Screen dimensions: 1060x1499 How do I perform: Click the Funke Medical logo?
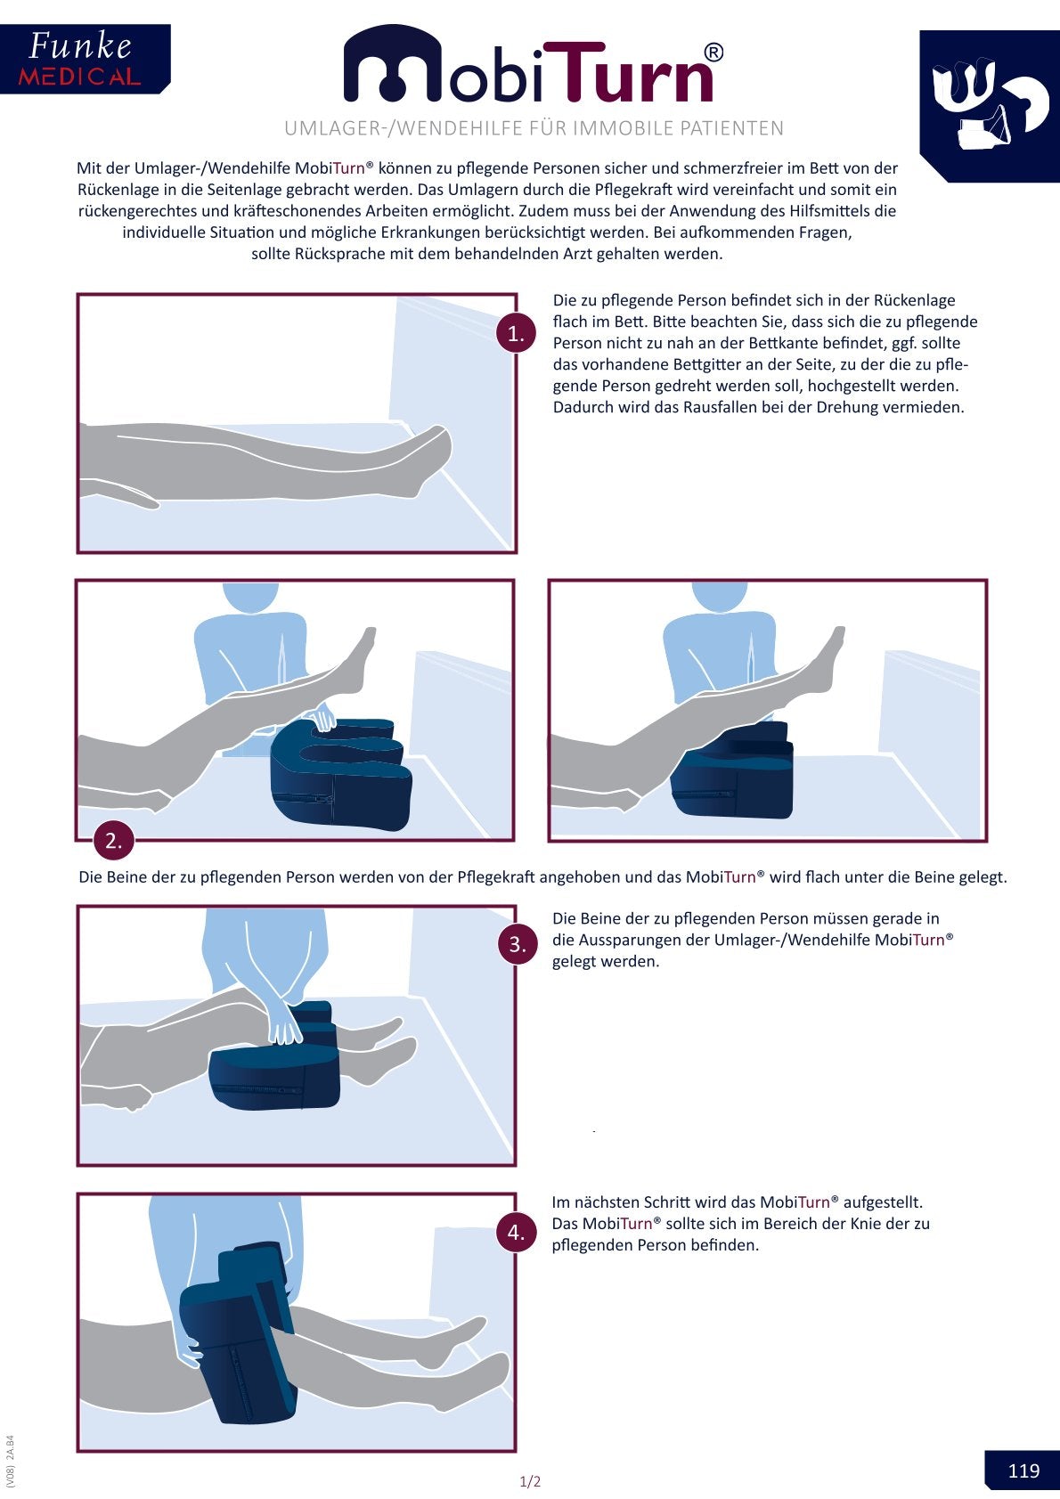(85, 59)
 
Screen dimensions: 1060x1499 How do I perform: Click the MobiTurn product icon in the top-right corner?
(990, 106)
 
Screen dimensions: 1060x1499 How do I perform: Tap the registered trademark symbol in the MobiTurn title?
(714, 53)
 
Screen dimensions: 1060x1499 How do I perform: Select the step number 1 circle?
(516, 333)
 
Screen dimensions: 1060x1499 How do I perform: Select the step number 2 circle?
(114, 841)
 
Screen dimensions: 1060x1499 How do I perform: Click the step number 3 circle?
(518, 944)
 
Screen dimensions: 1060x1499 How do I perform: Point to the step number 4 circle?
(516, 1232)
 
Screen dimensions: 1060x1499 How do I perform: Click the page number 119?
(1023, 1470)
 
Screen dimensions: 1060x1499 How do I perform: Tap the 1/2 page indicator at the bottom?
(530, 1481)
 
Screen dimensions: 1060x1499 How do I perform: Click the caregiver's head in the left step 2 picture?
(249, 597)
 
